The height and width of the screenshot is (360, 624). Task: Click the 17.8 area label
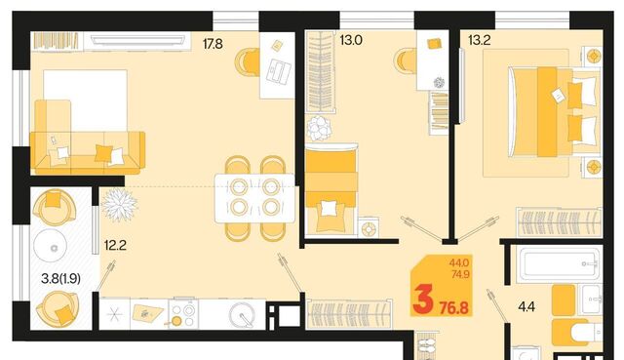[213, 44]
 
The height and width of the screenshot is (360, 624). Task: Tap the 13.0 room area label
[351, 40]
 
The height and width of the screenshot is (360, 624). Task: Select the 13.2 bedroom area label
[479, 40]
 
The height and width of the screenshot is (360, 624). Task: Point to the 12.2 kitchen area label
[115, 245]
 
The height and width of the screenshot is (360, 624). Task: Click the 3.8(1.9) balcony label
[60, 278]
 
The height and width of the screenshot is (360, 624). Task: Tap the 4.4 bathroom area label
[526, 306]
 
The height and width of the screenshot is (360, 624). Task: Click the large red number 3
[423, 300]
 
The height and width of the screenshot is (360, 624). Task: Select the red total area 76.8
[454, 307]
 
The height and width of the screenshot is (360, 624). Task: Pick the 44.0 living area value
[459, 262]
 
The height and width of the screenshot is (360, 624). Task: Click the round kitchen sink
[242, 314]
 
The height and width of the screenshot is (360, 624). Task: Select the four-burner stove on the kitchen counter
[183, 313]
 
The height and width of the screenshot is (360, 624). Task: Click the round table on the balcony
[50, 246]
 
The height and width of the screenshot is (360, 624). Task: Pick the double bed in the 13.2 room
[553, 112]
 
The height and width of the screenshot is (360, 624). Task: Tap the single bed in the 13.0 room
[331, 189]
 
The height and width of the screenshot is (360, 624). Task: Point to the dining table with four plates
[254, 198]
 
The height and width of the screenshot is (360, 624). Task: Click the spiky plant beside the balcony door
[119, 204]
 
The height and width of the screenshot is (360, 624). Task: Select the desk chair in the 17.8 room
[247, 62]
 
